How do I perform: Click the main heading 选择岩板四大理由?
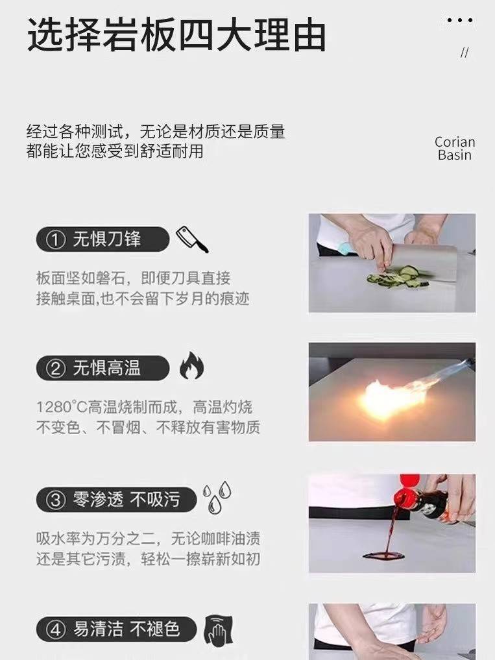click(176, 35)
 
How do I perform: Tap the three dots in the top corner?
click(459, 20)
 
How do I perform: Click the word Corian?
click(455, 142)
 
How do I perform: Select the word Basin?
click(455, 155)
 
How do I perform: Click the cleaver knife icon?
click(192, 239)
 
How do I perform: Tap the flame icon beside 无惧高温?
click(191, 365)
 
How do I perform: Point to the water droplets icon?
click(217, 498)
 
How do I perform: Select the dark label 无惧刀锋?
click(103, 239)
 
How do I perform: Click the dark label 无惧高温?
click(103, 368)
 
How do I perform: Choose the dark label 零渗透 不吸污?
click(116, 500)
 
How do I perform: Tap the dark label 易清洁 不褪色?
click(116, 629)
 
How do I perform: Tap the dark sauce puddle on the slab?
click(384, 556)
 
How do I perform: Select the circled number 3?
click(56, 500)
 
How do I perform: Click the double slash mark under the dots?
click(465, 53)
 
